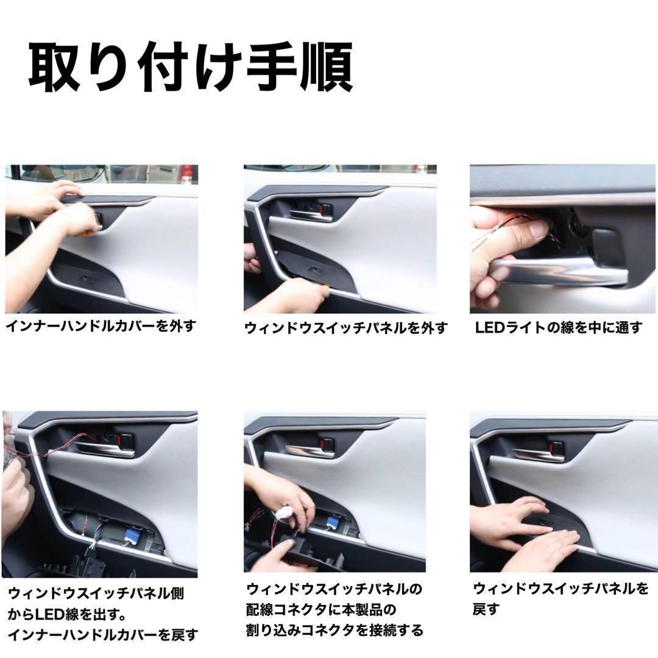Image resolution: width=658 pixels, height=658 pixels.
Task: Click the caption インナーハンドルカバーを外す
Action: pos(101,326)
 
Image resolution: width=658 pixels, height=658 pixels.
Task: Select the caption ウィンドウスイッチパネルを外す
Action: pos(345,328)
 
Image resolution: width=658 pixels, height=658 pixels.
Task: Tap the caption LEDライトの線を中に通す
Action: pos(558,328)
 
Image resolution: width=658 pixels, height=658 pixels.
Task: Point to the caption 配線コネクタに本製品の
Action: pos(321,609)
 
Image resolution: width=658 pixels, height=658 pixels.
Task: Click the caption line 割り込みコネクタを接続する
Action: pos(334,629)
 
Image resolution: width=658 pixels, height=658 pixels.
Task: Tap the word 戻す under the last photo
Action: pos(486,609)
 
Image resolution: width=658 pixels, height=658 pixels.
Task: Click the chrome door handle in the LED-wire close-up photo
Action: pos(567,270)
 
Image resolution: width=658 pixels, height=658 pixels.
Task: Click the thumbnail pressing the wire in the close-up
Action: pos(537,229)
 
